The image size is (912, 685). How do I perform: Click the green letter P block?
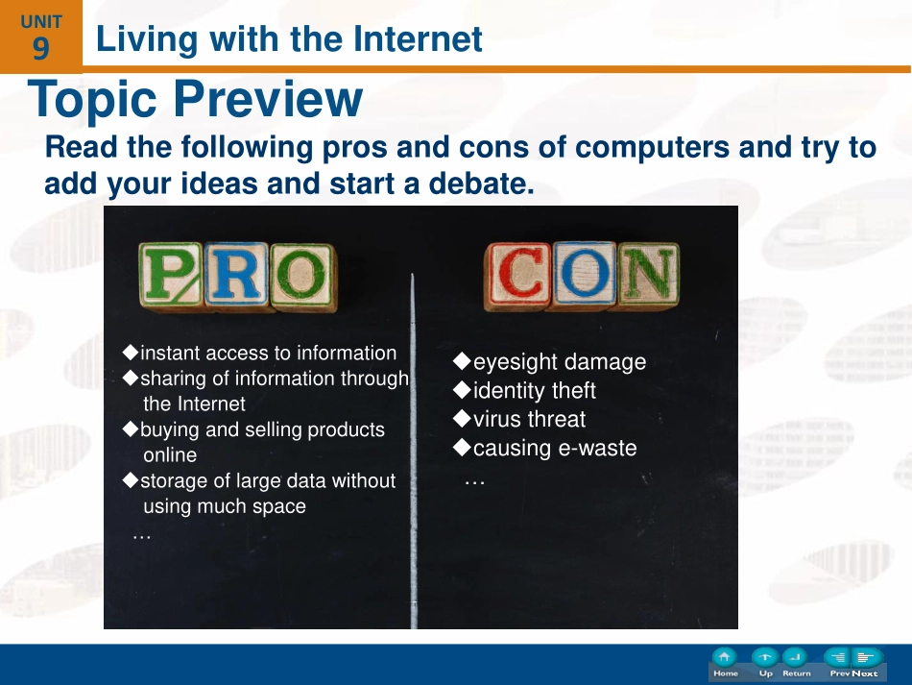171,276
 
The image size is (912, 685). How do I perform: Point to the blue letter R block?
236,275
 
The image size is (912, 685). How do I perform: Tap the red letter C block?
517,276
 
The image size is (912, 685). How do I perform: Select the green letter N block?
648,274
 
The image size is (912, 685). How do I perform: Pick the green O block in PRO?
302,277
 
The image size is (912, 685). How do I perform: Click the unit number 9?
40,48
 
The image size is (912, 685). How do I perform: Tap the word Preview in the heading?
268,99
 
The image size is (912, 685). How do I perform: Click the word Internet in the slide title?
418,39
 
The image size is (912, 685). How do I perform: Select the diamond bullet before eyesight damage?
462,361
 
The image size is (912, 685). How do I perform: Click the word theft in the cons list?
573,390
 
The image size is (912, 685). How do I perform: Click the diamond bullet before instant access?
131,352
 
